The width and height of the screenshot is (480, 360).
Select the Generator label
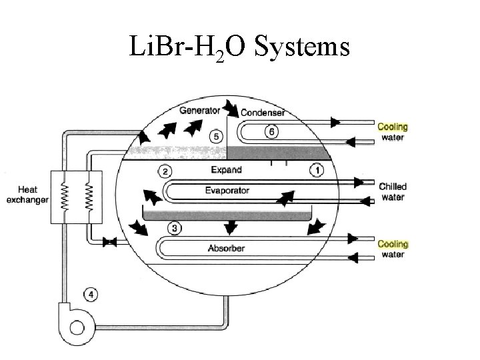click(199, 109)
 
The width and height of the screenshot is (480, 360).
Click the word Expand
click(227, 170)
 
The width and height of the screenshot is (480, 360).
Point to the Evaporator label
click(227, 191)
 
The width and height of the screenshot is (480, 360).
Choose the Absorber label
click(227, 249)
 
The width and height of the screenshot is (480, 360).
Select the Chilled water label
click(393, 192)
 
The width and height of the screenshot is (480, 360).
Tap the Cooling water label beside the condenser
click(393, 132)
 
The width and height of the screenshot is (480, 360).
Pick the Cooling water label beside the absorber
click(393, 249)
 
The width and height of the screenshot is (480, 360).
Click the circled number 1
click(317, 171)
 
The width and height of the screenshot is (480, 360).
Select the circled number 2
click(165, 171)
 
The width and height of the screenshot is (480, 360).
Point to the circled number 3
click(173, 229)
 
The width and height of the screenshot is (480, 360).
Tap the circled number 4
click(90, 293)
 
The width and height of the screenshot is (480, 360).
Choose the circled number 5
click(215, 136)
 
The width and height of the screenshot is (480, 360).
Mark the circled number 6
click(271, 131)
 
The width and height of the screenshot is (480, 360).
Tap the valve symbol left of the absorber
click(111, 243)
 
